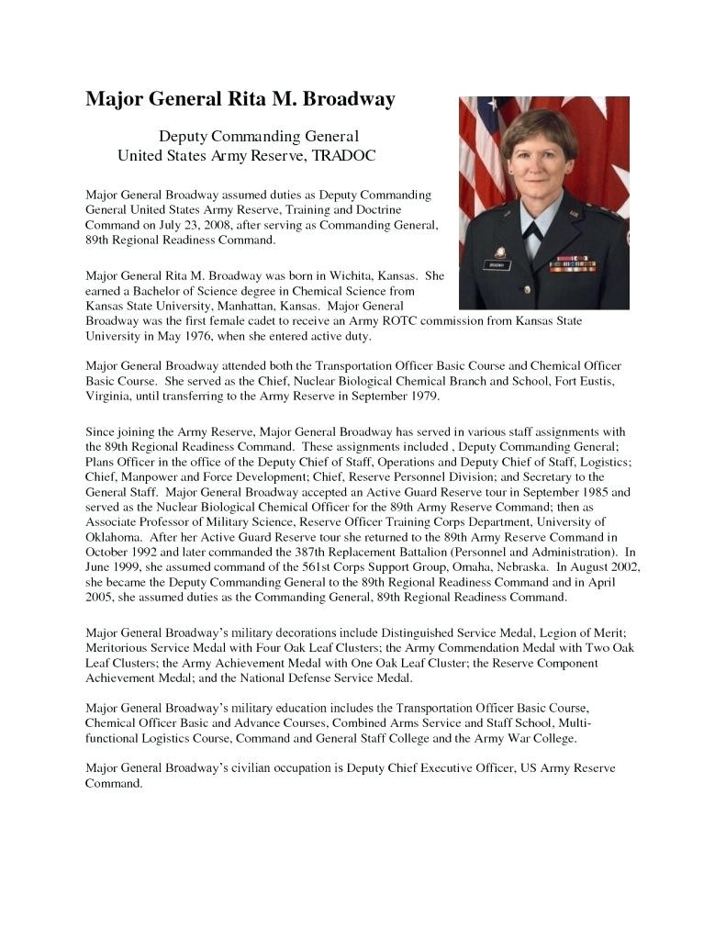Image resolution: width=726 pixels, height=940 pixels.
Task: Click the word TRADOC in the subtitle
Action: pos(344,156)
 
